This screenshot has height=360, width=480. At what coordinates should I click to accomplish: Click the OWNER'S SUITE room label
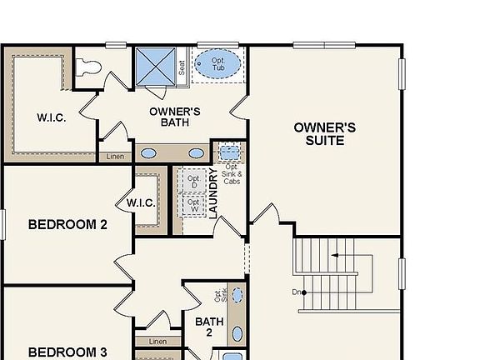pos(324,134)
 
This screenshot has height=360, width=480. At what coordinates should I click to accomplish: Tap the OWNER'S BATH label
pos(174,117)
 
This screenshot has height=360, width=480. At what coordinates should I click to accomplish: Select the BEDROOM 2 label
pos(67,224)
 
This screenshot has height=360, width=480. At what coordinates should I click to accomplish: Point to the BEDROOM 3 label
pos(67,351)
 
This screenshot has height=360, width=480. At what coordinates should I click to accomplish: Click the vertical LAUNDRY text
pos(213,193)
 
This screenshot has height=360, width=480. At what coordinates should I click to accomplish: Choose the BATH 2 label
pos(209,327)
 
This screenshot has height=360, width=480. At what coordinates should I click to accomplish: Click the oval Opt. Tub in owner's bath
pos(217,63)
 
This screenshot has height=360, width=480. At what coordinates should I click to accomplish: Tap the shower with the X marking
pos(156,65)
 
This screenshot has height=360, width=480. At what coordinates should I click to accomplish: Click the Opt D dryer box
pos(192,181)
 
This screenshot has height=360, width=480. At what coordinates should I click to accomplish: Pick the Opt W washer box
pos(192,205)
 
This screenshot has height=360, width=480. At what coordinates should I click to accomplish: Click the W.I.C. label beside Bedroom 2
pos(140,202)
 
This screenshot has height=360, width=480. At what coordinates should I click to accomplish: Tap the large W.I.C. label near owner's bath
pos(51,117)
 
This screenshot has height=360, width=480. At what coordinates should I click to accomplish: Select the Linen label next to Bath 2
pos(157,342)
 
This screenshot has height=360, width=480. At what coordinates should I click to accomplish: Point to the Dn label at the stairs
pos(297,292)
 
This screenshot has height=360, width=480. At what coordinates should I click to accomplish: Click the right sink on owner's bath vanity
pos(197,153)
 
